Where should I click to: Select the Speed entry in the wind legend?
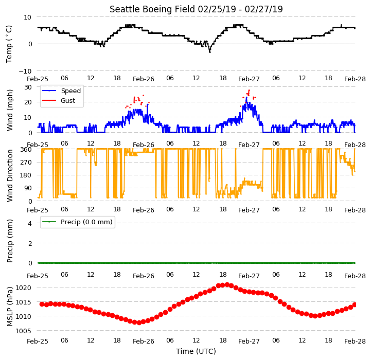click(62, 91)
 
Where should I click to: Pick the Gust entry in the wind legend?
click(59, 100)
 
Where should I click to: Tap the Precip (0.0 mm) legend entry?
click(77, 222)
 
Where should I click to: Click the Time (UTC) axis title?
click(196, 351)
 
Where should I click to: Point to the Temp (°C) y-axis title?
click(9, 44)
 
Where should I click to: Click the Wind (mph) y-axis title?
click(10, 110)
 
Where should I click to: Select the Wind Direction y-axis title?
click(10, 175)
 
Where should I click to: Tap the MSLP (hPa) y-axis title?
click(10, 307)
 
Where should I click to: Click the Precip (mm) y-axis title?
click(10, 241)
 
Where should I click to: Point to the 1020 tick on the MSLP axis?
click(24, 288)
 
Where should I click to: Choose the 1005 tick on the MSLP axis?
click(24, 331)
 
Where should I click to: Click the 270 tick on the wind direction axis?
click(27, 163)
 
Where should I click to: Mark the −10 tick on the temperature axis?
click(25, 71)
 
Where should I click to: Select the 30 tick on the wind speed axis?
click(28, 87)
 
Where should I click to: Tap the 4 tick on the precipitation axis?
click(30, 223)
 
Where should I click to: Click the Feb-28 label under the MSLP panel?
click(355, 341)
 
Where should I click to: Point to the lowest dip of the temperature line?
click(209, 52)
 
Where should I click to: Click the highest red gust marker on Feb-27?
click(249, 91)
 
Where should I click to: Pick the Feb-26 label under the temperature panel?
click(144, 79)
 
